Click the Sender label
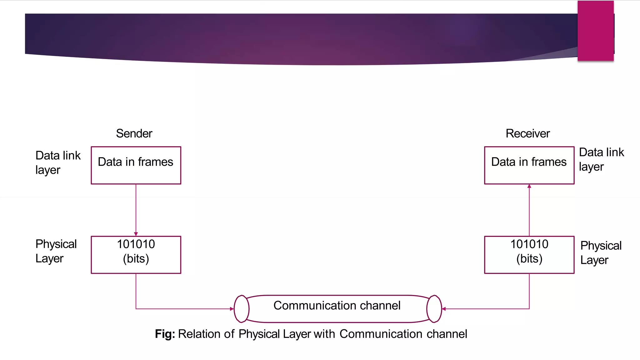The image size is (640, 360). (134, 133)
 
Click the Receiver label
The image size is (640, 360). (527, 133)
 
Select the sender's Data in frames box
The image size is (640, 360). (136, 165)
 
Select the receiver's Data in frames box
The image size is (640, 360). (529, 165)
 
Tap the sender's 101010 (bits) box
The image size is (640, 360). (136, 255)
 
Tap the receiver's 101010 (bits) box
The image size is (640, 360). (529, 255)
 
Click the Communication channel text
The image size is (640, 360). (337, 305)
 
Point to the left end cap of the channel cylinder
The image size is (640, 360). (242, 309)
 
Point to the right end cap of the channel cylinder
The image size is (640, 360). (434, 309)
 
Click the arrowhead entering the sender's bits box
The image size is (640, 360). (136, 234)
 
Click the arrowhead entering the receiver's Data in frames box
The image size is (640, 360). (529, 186)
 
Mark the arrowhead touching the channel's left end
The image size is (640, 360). (232, 309)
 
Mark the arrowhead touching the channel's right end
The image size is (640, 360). (444, 309)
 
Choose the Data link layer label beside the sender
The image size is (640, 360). (58, 162)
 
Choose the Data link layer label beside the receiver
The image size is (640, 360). (601, 159)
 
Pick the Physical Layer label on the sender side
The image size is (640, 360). (56, 251)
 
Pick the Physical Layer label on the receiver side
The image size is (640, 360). (601, 252)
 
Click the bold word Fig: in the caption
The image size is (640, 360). (165, 334)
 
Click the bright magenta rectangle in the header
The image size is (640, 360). (596, 31)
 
